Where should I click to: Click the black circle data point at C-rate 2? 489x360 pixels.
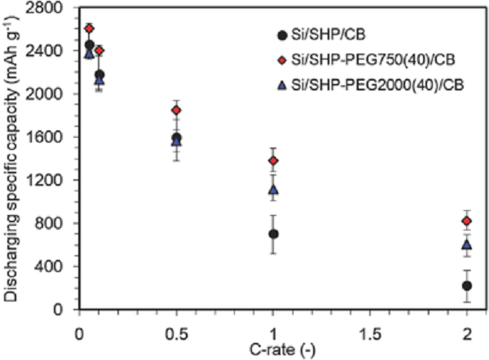point(467,286)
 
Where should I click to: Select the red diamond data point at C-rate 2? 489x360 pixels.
point(467,221)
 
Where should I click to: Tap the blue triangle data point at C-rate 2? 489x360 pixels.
point(467,244)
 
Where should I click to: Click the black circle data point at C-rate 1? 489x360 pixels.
point(273,234)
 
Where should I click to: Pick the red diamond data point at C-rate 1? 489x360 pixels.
point(273,160)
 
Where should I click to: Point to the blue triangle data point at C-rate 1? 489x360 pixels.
point(273,189)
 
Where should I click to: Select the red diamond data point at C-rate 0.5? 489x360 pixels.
point(176,110)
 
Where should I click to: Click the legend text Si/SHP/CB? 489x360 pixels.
point(324,34)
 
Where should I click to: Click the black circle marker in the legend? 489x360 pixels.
point(282,35)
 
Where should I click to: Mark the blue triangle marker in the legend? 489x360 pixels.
point(282,83)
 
